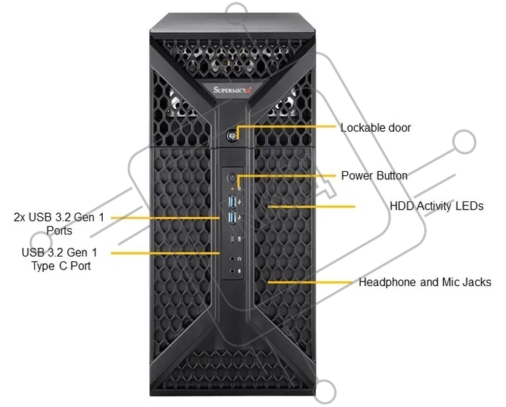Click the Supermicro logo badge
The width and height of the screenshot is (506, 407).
click(232, 89)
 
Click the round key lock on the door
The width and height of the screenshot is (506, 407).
click(231, 136)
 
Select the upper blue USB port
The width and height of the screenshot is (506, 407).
click(233, 201)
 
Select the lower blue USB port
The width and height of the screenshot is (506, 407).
click(233, 218)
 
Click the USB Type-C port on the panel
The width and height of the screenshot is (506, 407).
click(232, 238)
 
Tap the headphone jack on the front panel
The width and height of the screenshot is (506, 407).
click(232, 259)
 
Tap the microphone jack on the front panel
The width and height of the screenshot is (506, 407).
click(232, 271)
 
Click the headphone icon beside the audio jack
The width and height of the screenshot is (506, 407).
click(239, 259)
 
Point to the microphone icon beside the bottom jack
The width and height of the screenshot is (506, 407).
click(239, 271)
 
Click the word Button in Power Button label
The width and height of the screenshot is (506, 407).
click(392, 176)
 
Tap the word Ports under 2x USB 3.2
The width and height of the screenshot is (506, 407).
click(59, 231)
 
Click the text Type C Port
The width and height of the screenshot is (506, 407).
click(61, 267)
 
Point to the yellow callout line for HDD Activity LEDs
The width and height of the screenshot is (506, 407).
click(311, 206)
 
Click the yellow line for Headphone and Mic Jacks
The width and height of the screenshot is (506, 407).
click(310, 283)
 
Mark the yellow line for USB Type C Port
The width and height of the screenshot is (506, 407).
click(165, 253)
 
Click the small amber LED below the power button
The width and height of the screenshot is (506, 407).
click(233, 187)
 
